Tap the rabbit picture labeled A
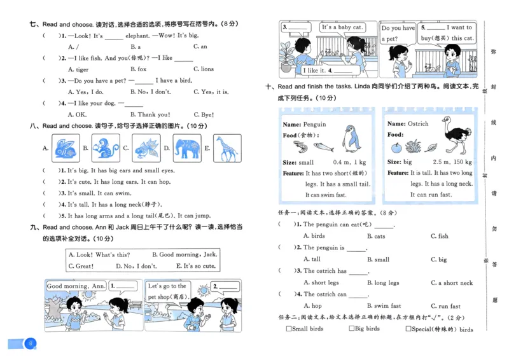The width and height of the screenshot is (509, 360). tap(65, 149)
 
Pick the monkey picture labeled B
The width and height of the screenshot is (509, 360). tap(105, 149)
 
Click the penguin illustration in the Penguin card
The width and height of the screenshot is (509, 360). tap(351, 139)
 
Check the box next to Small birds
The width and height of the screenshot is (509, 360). tap(289, 329)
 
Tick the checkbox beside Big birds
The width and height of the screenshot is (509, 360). tap(352, 329)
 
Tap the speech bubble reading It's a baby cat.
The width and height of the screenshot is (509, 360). tap(342, 28)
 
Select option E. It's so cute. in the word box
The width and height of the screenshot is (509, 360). tap(196, 267)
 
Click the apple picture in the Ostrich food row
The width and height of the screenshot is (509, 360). tap(396, 147)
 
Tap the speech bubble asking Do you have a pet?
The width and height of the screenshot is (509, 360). tap(398, 33)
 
